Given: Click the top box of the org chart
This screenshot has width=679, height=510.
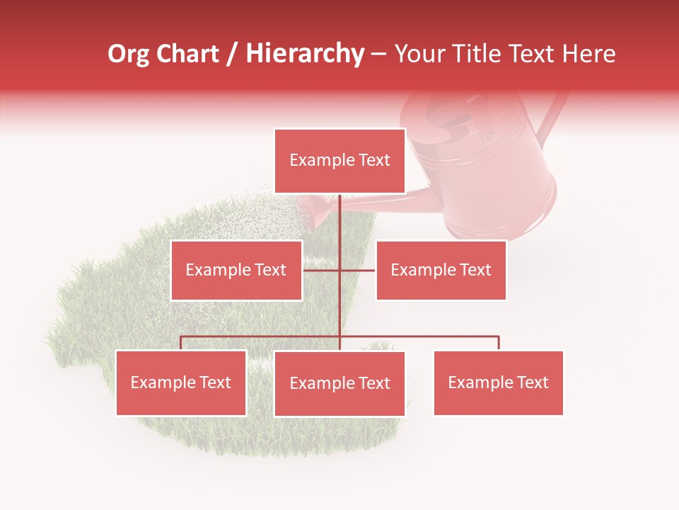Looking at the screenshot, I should click(x=339, y=161).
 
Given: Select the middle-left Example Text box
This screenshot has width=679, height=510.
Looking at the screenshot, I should click(x=236, y=270).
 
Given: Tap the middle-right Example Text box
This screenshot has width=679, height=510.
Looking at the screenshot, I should click(x=441, y=270).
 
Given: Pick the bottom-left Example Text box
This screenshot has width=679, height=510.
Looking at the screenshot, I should click(x=181, y=382).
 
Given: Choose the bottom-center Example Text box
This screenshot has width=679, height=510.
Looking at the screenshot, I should click(x=339, y=383).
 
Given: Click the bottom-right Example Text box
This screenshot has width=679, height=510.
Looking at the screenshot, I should click(x=498, y=382).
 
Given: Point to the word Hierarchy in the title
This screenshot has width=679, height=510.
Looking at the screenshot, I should click(x=304, y=54).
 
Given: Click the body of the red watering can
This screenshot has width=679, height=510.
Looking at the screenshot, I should click(x=495, y=184).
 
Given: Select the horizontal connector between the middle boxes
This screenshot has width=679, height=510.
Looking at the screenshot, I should click(x=357, y=270).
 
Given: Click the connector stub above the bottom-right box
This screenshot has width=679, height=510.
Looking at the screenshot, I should click(x=499, y=343).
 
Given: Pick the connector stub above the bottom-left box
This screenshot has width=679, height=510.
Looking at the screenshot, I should click(x=181, y=343).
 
